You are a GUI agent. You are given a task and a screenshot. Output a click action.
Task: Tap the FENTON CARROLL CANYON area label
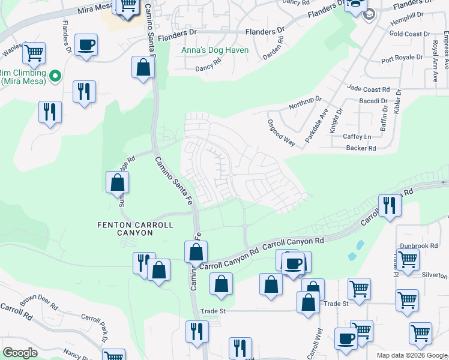(x=135, y=229)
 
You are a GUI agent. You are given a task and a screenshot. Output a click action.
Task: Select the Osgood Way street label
(x=281, y=133)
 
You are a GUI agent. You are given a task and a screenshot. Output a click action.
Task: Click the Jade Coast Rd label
(x=368, y=89)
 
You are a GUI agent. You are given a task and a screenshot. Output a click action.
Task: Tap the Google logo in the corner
(x=20, y=353)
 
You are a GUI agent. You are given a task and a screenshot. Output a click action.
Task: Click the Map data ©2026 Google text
(x=412, y=355)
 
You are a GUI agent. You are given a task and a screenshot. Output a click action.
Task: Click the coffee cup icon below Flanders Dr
(x=86, y=44)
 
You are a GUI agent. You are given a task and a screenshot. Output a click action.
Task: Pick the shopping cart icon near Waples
(x=34, y=53)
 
